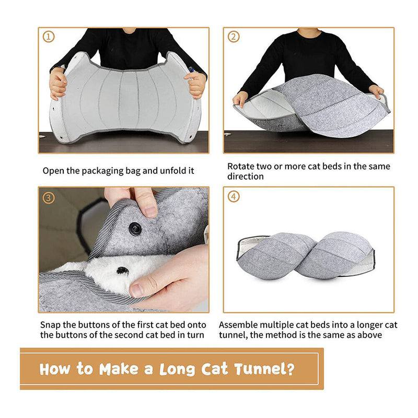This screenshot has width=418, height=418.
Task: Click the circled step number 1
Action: pos(49,37)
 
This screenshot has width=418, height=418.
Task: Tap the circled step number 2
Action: pos(234,37)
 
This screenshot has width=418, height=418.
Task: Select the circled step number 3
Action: pos(49,198)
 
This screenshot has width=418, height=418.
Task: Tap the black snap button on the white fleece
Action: pos(122,271)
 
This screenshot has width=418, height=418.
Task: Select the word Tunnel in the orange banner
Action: pos(262,369)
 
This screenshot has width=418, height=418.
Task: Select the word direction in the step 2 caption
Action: pos(246,177)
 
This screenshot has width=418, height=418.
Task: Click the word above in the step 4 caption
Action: pos(369,335)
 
